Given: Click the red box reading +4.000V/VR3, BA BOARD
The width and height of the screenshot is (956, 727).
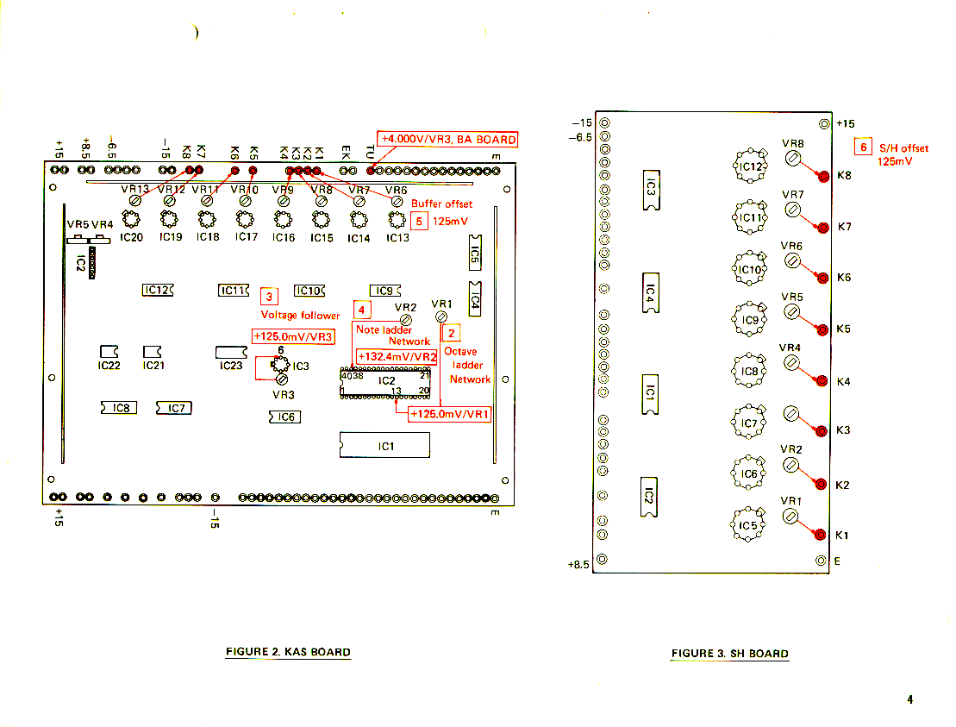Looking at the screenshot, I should (447, 140).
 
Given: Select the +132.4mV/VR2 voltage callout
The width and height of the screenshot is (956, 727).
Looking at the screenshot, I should (397, 356).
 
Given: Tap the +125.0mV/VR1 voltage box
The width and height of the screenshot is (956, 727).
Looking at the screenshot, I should (449, 415).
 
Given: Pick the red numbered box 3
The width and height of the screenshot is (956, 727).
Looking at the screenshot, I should (270, 297).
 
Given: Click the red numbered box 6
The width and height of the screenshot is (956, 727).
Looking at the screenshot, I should (862, 147).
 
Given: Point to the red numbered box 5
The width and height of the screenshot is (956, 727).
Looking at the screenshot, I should (420, 220).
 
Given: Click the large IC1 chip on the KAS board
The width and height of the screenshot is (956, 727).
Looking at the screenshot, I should (384, 445).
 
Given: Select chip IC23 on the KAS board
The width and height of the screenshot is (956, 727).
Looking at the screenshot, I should (231, 352).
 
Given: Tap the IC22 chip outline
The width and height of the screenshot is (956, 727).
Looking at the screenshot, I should (109, 351).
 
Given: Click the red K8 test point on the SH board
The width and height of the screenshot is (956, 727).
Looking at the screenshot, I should (822, 175).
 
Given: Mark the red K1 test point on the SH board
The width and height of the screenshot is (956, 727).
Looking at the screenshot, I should (822, 535).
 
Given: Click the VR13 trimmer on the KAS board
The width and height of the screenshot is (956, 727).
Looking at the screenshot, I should (135, 200).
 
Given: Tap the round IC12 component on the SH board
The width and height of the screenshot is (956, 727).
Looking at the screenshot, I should (750, 166).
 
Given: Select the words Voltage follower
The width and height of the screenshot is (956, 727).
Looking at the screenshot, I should (300, 316).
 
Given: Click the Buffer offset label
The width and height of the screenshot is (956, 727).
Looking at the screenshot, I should (441, 204).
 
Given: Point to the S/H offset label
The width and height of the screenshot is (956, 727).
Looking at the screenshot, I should (903, 148).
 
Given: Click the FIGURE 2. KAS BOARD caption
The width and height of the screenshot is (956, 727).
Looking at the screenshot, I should (288, 652).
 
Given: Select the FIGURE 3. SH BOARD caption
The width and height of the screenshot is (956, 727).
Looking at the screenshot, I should (729, 654).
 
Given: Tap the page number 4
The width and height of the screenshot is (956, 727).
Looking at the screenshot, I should (909, 699).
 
